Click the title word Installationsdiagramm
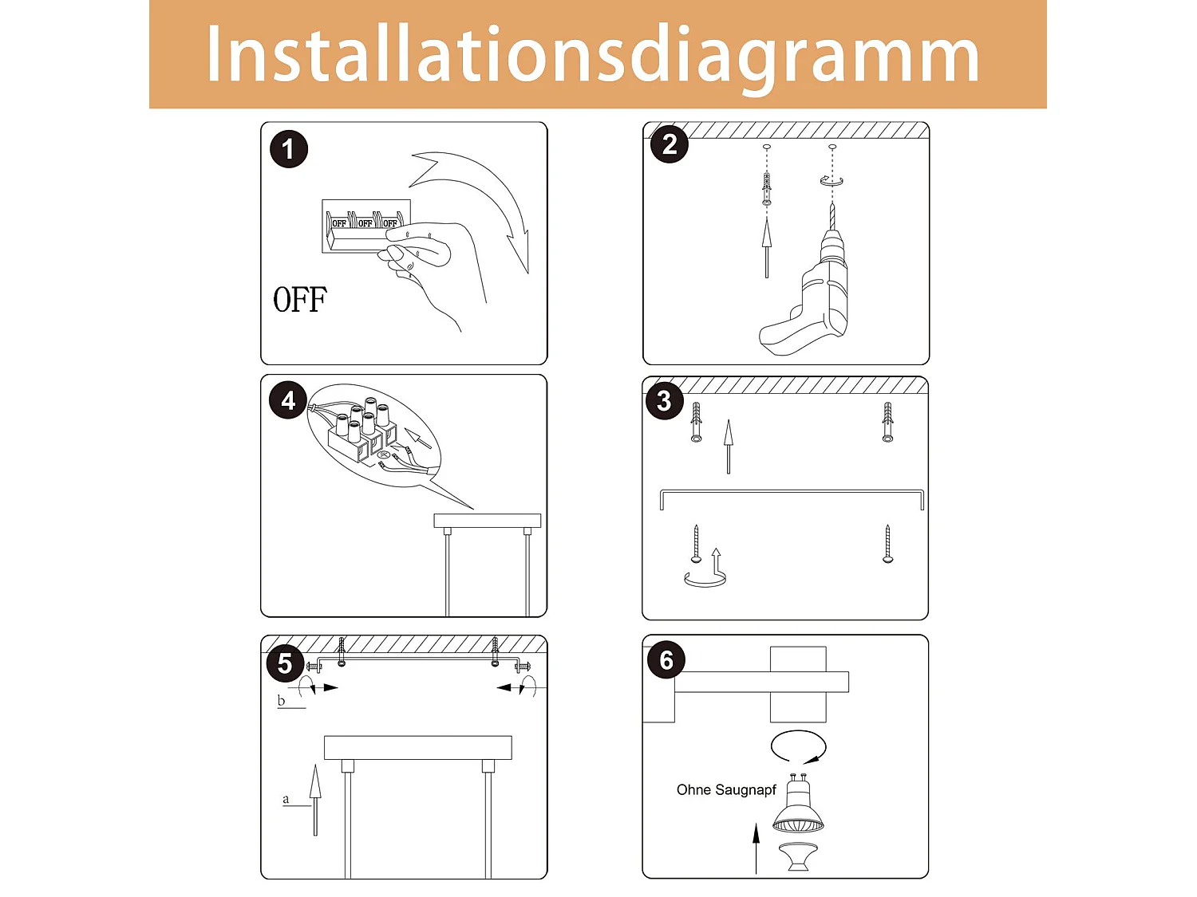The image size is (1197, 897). point(592,54)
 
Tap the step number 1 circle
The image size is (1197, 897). point(289,149)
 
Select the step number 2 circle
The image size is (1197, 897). point(670,144)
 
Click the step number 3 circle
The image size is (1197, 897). point(664,400)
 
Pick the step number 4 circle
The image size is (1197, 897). point(288,400)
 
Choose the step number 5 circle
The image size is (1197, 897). point(285,663)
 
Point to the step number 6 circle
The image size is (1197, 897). point(666,660)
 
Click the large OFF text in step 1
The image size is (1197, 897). point(300,301)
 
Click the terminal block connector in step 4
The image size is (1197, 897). point(363,435)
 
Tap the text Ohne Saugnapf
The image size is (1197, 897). point(726,790)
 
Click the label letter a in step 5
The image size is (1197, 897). point(286,799)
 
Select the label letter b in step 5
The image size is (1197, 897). point(281,701)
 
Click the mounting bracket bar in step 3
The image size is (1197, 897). point(792,494)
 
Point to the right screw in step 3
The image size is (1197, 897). point(887,544)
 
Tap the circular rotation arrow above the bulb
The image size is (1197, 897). point(798,747)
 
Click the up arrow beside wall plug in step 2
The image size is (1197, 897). point(767,247)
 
